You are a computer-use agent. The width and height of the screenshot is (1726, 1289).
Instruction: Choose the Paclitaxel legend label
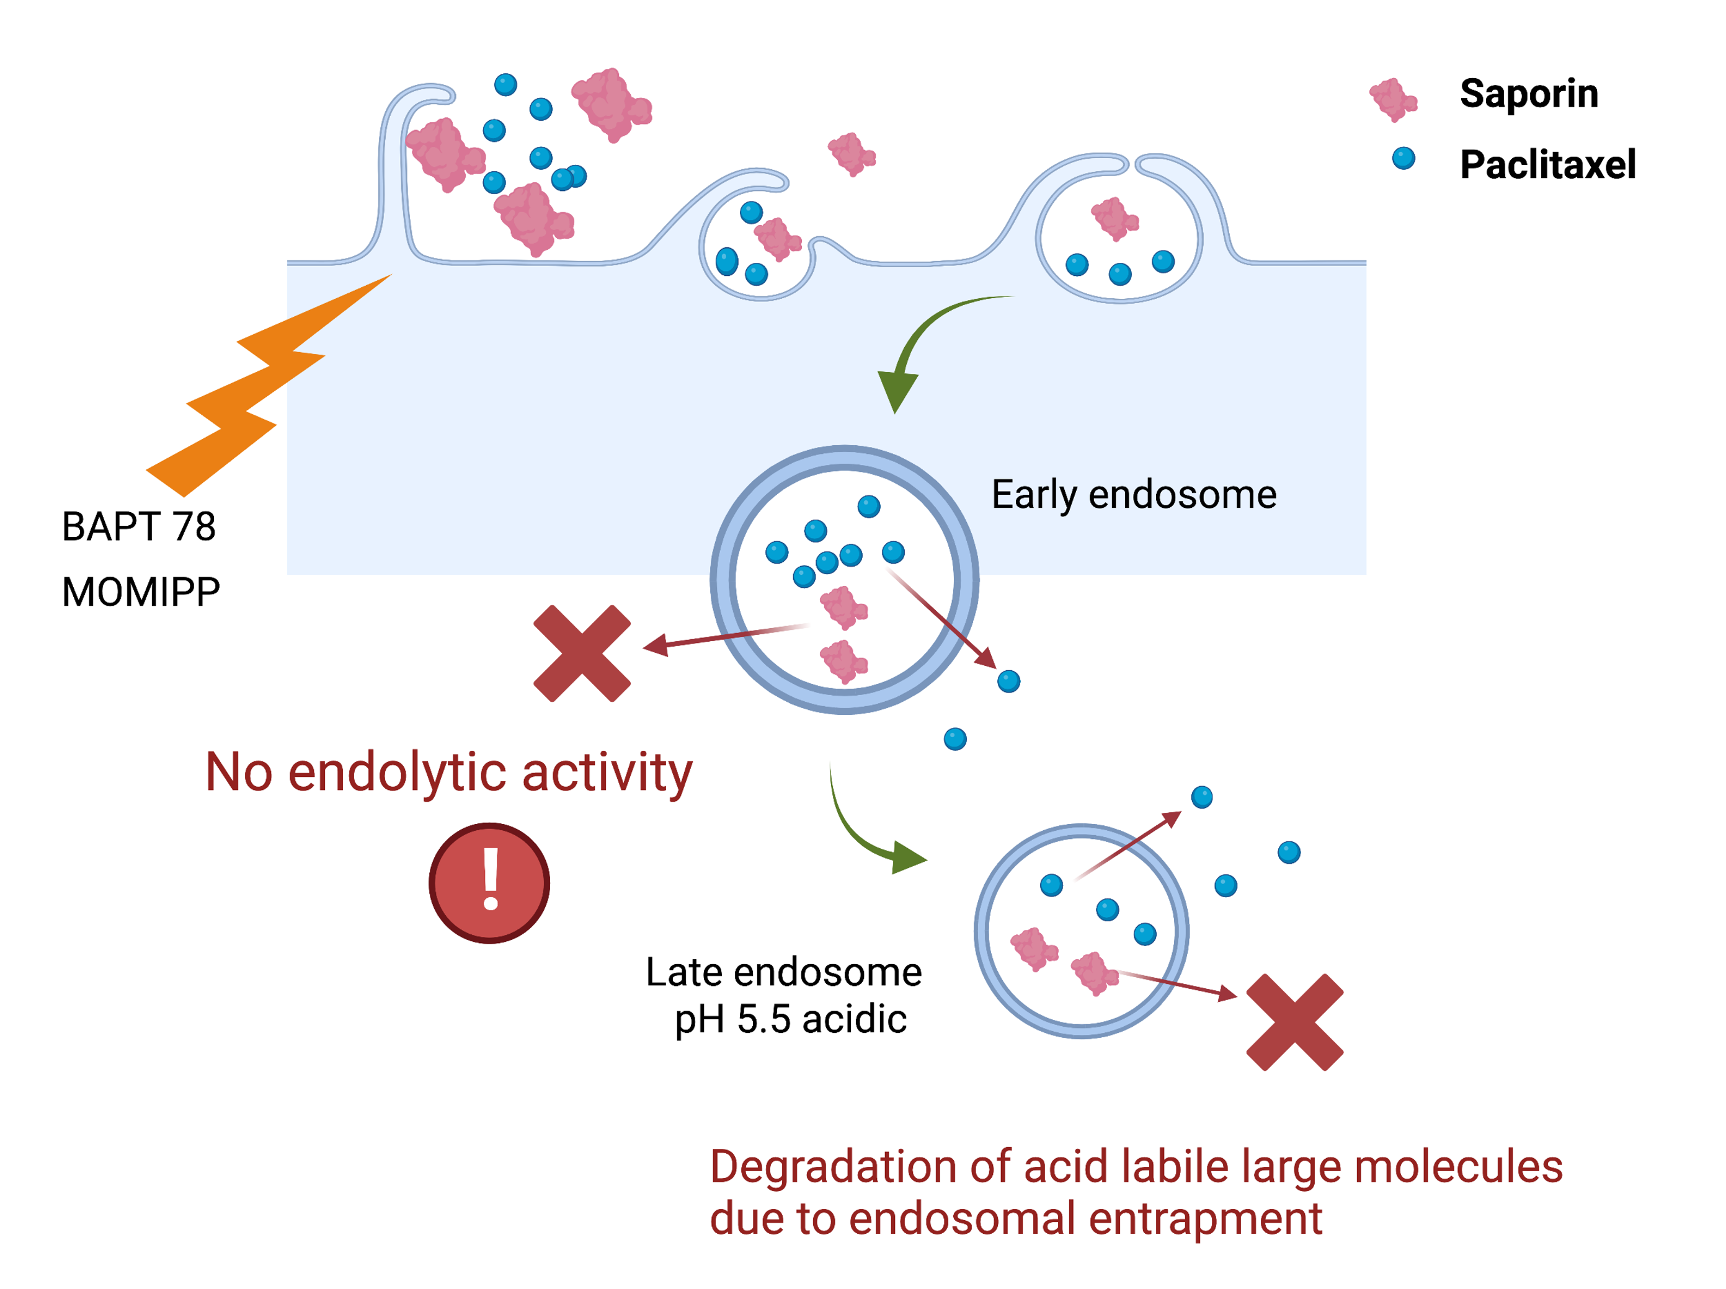(1547, 165)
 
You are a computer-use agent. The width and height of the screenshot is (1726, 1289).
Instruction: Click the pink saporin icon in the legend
(1393, 99)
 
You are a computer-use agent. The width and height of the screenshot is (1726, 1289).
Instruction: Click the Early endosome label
(1133, 495)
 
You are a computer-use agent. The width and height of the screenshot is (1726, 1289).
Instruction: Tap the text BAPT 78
(138, 526)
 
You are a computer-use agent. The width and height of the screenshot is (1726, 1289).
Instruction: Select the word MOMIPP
(140, 592)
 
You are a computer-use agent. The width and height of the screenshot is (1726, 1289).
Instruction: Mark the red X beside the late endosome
(1294, 1022)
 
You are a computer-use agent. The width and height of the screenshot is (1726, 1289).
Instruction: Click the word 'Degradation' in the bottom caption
(832, 1167)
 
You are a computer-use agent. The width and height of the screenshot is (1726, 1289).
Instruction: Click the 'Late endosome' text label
(783, 972)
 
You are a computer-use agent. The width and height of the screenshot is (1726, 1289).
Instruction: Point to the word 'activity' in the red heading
(607, 773)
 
